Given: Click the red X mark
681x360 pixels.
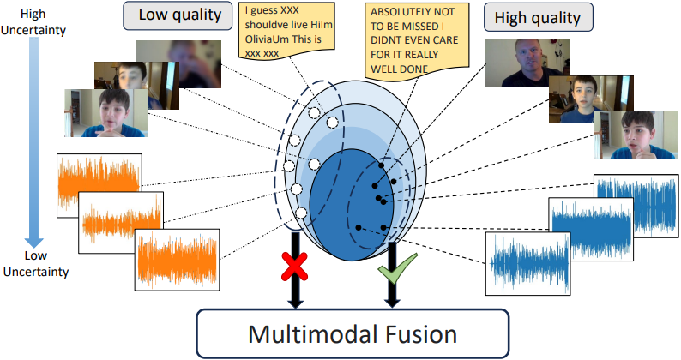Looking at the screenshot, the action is tap(294, 267).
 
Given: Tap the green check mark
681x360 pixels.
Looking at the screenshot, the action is tap(397, 268).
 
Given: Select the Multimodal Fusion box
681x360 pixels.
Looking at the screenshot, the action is tap(353, 333).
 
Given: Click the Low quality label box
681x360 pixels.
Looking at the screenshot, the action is tap(178, 15).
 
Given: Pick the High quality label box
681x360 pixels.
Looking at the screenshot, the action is tap(538, 17).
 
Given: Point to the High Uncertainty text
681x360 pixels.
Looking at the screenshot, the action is tap(33, 21).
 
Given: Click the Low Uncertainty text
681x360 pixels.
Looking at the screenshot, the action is tap(36, 264).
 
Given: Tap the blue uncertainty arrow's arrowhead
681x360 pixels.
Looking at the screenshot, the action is tap(33, 241).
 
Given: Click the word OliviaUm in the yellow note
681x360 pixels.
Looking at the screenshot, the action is tap(267, 39).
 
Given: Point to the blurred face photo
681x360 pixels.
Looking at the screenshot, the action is tap(178, 63).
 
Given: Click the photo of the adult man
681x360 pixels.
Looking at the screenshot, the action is tap(527, 63).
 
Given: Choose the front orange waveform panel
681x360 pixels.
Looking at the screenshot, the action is tap(177, 260).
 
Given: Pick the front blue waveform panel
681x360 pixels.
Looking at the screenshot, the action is tap(527, 264).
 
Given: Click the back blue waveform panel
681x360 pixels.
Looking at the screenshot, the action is tap(636, 206).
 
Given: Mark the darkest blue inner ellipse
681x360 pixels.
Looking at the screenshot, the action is tap(351, 205).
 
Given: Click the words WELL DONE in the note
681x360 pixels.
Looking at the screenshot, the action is tap(399, 69).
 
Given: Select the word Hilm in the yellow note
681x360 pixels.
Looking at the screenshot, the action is tap(322, 25).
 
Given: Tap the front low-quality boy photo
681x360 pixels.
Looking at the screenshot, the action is tap(106, 113).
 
